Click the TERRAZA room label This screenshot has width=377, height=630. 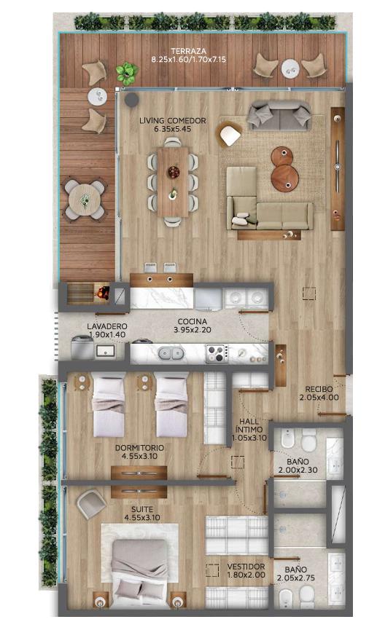point(188,51)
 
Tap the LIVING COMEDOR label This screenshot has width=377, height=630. point(173,120)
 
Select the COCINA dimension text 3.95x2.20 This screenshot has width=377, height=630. point(193,330)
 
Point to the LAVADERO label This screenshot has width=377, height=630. point(107,326)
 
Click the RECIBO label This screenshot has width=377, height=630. point(319,389)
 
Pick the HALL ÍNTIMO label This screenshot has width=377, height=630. point(249,425)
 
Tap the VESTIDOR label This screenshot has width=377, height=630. point(246,567)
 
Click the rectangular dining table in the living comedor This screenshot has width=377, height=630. point(173,182)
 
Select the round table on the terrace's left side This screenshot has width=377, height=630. point(85,199)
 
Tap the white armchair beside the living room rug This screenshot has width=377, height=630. point(230,135)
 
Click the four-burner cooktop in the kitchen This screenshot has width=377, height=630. point(217,354)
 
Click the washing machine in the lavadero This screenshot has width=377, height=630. point(82,348)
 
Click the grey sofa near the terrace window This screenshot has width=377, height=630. point(279,115)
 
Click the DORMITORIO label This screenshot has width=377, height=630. point(139,448)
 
